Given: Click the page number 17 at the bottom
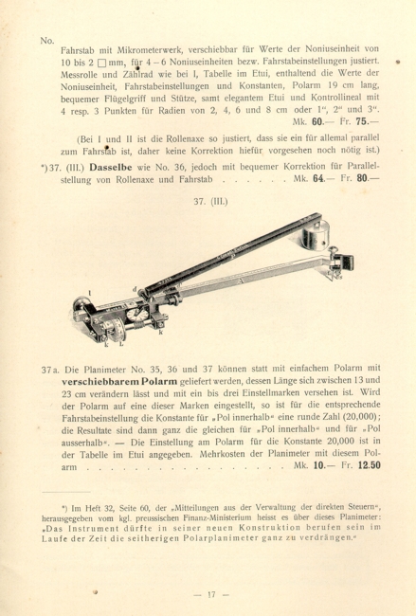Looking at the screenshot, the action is (207, 594).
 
